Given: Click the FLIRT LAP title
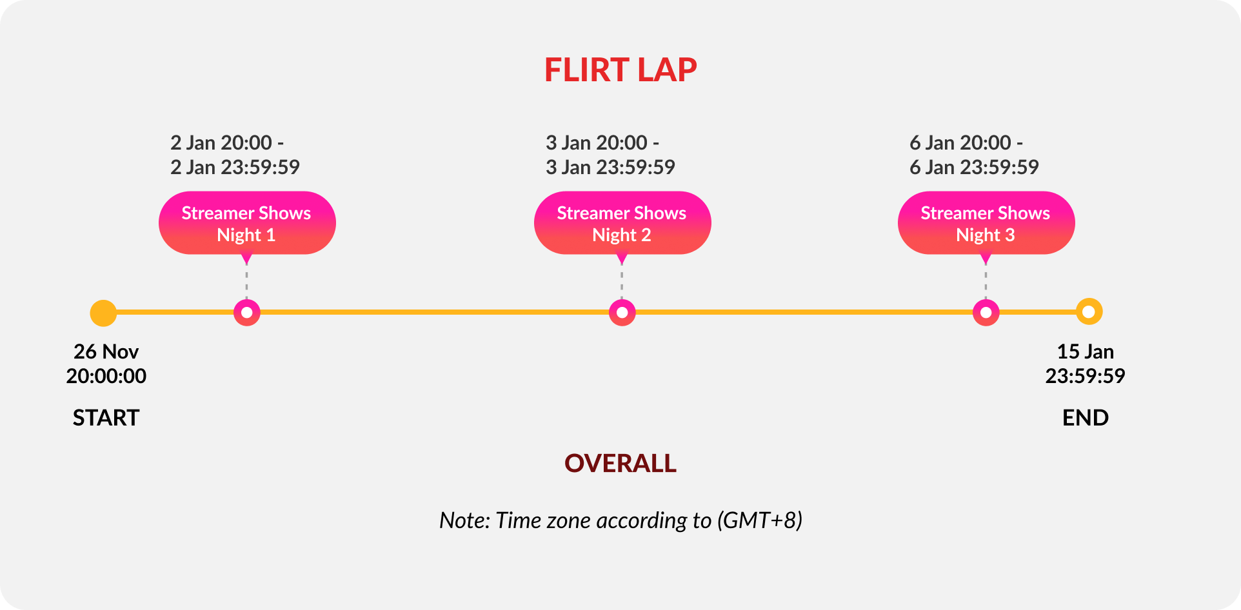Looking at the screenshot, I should pyautogui.click(x=620, y=70).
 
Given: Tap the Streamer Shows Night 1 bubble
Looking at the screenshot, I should pyautogui.click(x=246, y=223).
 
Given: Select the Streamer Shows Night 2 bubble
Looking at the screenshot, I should pyautogui.click(x=622, y=223).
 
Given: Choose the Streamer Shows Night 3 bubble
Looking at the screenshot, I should pyautogui.click(x=986, y=223).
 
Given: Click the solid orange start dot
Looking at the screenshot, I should pyautogui.click(x=103, y=313).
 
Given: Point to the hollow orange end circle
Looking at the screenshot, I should pyautogui.click(x=1089, y=312).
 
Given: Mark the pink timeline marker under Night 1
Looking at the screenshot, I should pyautogui.click(x=246, y=313).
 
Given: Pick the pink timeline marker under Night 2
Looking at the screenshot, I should pyautogui.click(x=622, y=313).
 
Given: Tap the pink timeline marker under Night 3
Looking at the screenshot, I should pyautogui.click(x=986, y=313).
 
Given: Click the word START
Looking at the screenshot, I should pyautogui.click(x=106, y=418).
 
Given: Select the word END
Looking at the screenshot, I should pyautogui.click(x=1085, y=418).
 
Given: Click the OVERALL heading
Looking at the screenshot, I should pyautogui.click(x=620, y=464).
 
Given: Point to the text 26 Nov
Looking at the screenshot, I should pyautogui.click(x=106, y=351).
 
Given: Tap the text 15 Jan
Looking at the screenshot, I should pyautogui.click(x=1085, y=351).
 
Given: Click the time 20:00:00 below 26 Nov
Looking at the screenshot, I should pyautogui.click(x=106, y=376).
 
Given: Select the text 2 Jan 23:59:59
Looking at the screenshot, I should pyautogui.click(x=235, y=168).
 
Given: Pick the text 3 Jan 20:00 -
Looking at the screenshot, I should pyautogui.click(x=602, y=143).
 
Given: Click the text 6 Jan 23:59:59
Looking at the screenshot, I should pyautogui.click(x=974, y=168).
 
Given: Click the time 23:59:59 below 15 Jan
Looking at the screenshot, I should pyautogui.click(x=1085, y=376).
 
